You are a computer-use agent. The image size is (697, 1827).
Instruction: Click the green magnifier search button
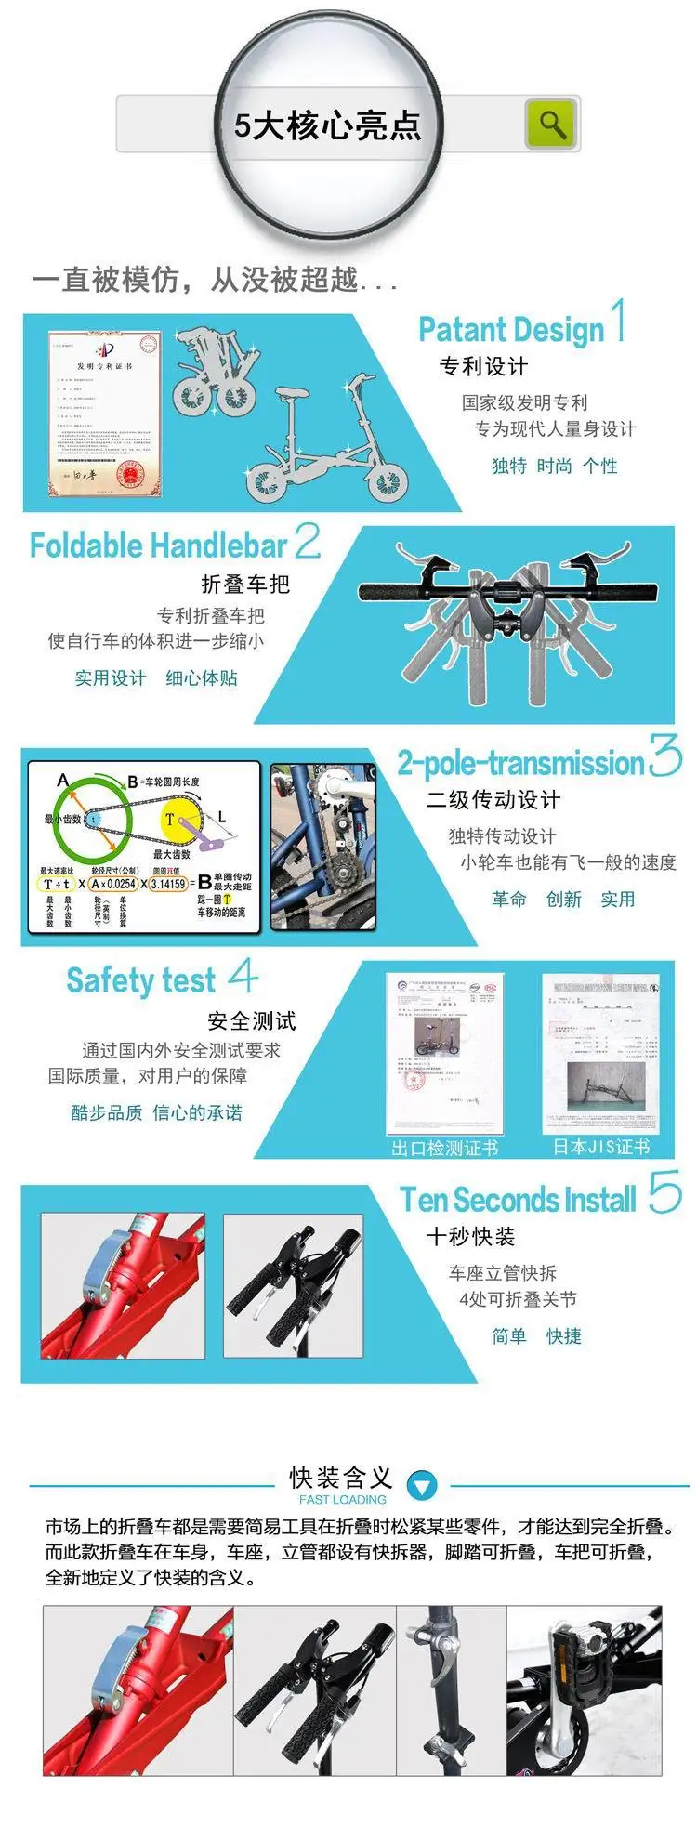[x=551, y=124]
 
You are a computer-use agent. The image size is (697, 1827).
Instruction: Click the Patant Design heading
[x=511, y=329]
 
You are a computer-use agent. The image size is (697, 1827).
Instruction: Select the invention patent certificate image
[x=104, y=413]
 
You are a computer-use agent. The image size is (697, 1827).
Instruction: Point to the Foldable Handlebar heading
[x=158, y=545]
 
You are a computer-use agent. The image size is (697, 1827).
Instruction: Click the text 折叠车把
[x=245, y=584]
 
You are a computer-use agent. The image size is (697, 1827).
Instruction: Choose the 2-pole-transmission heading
[x=520, y=763]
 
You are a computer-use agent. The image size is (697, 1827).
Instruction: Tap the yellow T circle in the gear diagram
[x=171, y=820]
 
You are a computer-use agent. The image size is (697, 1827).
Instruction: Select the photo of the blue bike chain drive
[x=322, y=847]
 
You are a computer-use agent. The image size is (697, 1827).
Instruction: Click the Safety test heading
[x=140, y=980]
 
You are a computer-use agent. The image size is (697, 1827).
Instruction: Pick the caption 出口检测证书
[x=444, y=1148]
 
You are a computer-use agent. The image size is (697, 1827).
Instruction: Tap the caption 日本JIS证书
[x=600, y=1147]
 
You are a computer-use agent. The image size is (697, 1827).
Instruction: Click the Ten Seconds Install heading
[x=518, y=1200]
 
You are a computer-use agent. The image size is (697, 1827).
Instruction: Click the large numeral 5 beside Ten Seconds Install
[x=664, y=1192]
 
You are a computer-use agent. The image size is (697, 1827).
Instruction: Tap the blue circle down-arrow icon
[x=422, y=1485]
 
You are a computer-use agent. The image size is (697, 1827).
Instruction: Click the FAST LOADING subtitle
[x=342, y=1500]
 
